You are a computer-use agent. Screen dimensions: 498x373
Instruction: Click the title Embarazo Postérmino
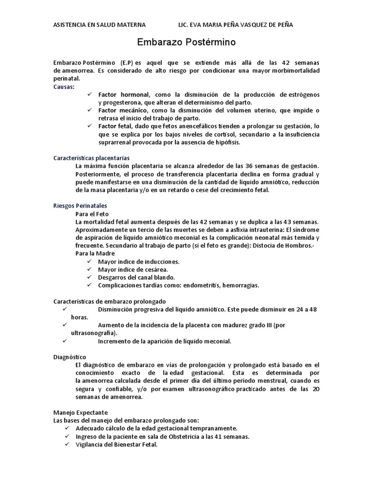pos(186,42)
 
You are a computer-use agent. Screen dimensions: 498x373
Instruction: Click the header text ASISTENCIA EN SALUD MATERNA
pos(99,25)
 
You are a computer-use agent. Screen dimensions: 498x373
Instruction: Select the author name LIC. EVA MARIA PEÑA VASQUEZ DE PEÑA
pos(236,25)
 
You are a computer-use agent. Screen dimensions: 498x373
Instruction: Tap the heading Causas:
pos(64,86)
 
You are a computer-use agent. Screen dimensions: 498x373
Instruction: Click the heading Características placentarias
pos(91,158)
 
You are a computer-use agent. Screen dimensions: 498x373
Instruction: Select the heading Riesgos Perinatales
pos(80,206)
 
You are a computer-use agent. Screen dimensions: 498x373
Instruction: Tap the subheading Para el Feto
pos(92,213)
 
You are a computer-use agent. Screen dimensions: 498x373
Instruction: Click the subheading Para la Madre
pos(95,253)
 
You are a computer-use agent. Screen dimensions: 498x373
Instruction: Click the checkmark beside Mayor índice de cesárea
pos(89,269)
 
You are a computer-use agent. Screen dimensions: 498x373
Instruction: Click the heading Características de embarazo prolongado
pos(109,301)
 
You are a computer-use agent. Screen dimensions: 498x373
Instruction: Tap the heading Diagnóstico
pos(69,356)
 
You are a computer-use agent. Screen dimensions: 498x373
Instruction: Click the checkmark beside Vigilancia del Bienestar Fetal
pos(67,445)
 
